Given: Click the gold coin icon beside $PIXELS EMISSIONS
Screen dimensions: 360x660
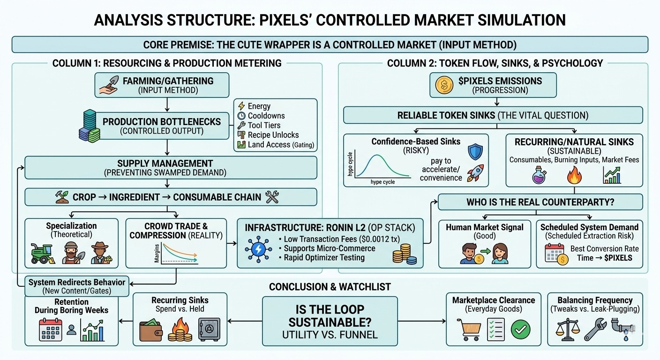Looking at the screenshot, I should coord(443,85).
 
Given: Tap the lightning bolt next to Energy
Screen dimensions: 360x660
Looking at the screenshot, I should coord(241,106).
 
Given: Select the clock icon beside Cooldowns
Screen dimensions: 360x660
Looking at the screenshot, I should coord(241,115).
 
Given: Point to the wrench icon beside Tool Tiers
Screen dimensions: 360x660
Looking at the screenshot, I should coord(241,125).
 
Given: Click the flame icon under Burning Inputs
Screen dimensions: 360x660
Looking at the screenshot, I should coord(574,176).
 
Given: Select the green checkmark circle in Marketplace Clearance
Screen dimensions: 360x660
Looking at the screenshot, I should coord(519,330).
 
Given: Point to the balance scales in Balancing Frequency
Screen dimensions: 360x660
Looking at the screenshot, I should coord(566,329).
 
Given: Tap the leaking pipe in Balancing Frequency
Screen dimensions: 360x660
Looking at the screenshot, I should coord(622,328).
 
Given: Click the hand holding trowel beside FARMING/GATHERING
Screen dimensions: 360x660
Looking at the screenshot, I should coord(108,85).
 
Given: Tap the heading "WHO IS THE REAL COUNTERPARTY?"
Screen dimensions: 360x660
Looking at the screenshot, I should coord(540,202).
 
